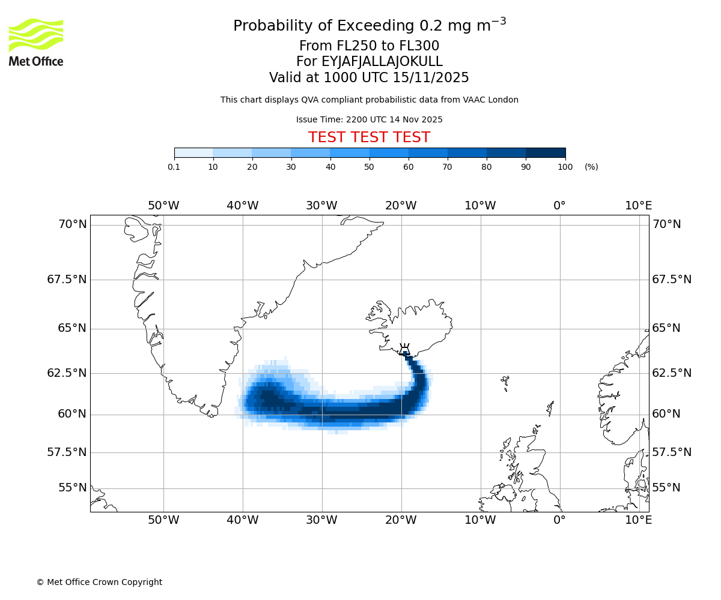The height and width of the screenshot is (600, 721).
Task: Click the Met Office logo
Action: coord(36,42)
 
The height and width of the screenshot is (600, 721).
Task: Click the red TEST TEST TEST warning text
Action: coord(369,137)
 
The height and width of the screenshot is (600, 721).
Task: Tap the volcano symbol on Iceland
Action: coord(405,350)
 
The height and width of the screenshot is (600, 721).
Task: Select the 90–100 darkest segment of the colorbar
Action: coord(546,153)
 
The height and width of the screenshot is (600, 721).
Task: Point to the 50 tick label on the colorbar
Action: coord(369,167)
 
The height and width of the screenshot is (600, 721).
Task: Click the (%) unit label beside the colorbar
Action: coord(591,167)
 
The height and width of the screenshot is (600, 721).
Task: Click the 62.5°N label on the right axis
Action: coord(672,373)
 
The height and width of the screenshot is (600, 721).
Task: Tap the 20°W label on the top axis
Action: coord(401,206)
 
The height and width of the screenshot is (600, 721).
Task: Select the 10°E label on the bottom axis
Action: coord(638,520)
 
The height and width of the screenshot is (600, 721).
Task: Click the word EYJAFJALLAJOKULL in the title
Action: coord(382,62)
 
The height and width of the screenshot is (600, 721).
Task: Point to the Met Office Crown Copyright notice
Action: coord(99,582)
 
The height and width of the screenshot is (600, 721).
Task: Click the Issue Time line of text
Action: coord(369,120)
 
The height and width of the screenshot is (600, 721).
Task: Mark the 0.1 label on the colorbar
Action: coord(174,167)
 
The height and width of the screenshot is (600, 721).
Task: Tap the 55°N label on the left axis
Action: coord(72,488)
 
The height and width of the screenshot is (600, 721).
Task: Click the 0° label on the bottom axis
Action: coord(559,520)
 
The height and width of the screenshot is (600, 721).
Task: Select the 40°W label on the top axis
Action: coord(242,206)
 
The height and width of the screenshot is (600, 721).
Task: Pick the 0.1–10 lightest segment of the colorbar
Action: coord(193,153)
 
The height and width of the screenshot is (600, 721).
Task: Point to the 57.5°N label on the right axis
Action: coord(672,452)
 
